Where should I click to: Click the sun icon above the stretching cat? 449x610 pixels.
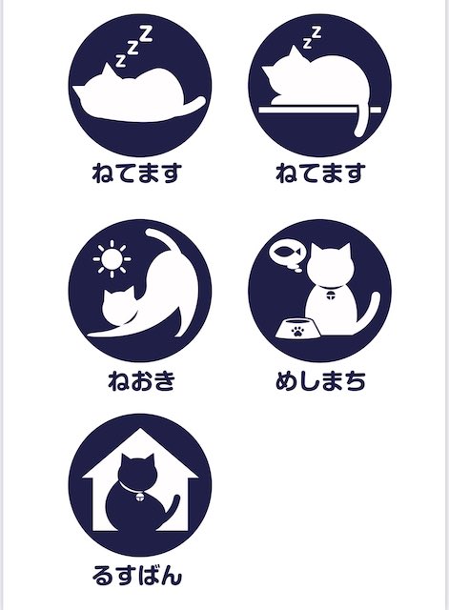pyautogui.click(x=112, y=258)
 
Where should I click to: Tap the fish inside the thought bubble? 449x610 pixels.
pyautogui.click(x=288, y=252)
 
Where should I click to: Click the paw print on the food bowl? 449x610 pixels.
pyautogui.click(x=297, y=331)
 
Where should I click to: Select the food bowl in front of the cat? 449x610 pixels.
pyautogui.click(x=298, y=328)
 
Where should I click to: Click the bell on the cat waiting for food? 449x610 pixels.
pyautogui.click(x=331, y=295)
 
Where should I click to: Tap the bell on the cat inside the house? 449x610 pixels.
pyautogui.click(x=140, y=496)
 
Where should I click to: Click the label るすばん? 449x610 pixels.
pyautogui.click(x=137, y=576)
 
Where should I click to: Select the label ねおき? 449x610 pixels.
pyautogui.click(x=141, y=380)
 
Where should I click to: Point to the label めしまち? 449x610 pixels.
pyautogui.click(x=320, y=380)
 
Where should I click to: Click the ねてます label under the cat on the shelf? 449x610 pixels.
pyautogui.click(x=320, y=173)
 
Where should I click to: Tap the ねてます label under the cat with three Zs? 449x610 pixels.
pyautogui.click(x=137, y=173)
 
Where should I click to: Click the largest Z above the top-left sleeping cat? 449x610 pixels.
pyautogui.click(x=146, y=33)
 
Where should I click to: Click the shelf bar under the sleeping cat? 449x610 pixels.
pyautogui.click(x=319, y=111)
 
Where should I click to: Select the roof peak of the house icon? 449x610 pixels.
pyautogui.click(x=140, y=429)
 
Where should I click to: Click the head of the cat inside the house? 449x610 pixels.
pyautogui.click(x=137, y=470)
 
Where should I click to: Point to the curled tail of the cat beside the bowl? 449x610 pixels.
pyautogui.click(x=368, y=312)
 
